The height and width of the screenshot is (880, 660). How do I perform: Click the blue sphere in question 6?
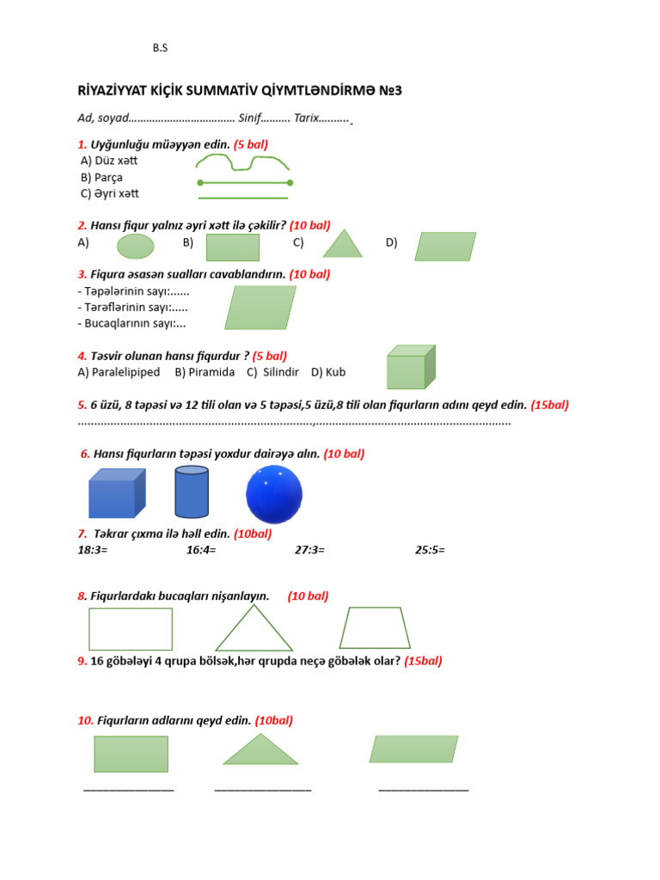click(x=274, y=494)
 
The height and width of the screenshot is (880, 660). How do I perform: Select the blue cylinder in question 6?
click(x=192, y=492)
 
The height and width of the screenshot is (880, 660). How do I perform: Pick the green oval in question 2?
click(x=135, y=247)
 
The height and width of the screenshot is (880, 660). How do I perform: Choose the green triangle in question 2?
click(x=343, y=245)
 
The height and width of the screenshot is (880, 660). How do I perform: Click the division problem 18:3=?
click(x=93, y=549)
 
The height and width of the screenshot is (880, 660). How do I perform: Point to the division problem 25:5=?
click(x=430, y=549)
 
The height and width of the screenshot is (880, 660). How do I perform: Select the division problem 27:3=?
click(x=309, y=549)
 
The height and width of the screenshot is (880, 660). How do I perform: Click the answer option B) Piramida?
click(x=205, y=372)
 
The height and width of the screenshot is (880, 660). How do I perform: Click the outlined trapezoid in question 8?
click(x=375, y=628)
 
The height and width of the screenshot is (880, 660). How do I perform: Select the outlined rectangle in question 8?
click(x=131, y=629)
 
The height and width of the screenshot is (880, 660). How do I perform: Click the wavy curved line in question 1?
click(x=242, y=162)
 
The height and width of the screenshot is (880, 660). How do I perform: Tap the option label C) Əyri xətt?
click(x=109, y=193)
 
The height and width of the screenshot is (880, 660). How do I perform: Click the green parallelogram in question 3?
click(x=260, y=308)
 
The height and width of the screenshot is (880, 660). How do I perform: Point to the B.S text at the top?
click(x=160, y=48)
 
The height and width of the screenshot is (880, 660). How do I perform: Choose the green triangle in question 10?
click(x=260, y=750)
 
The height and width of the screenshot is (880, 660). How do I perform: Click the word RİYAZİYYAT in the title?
click(x=119, y=91)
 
